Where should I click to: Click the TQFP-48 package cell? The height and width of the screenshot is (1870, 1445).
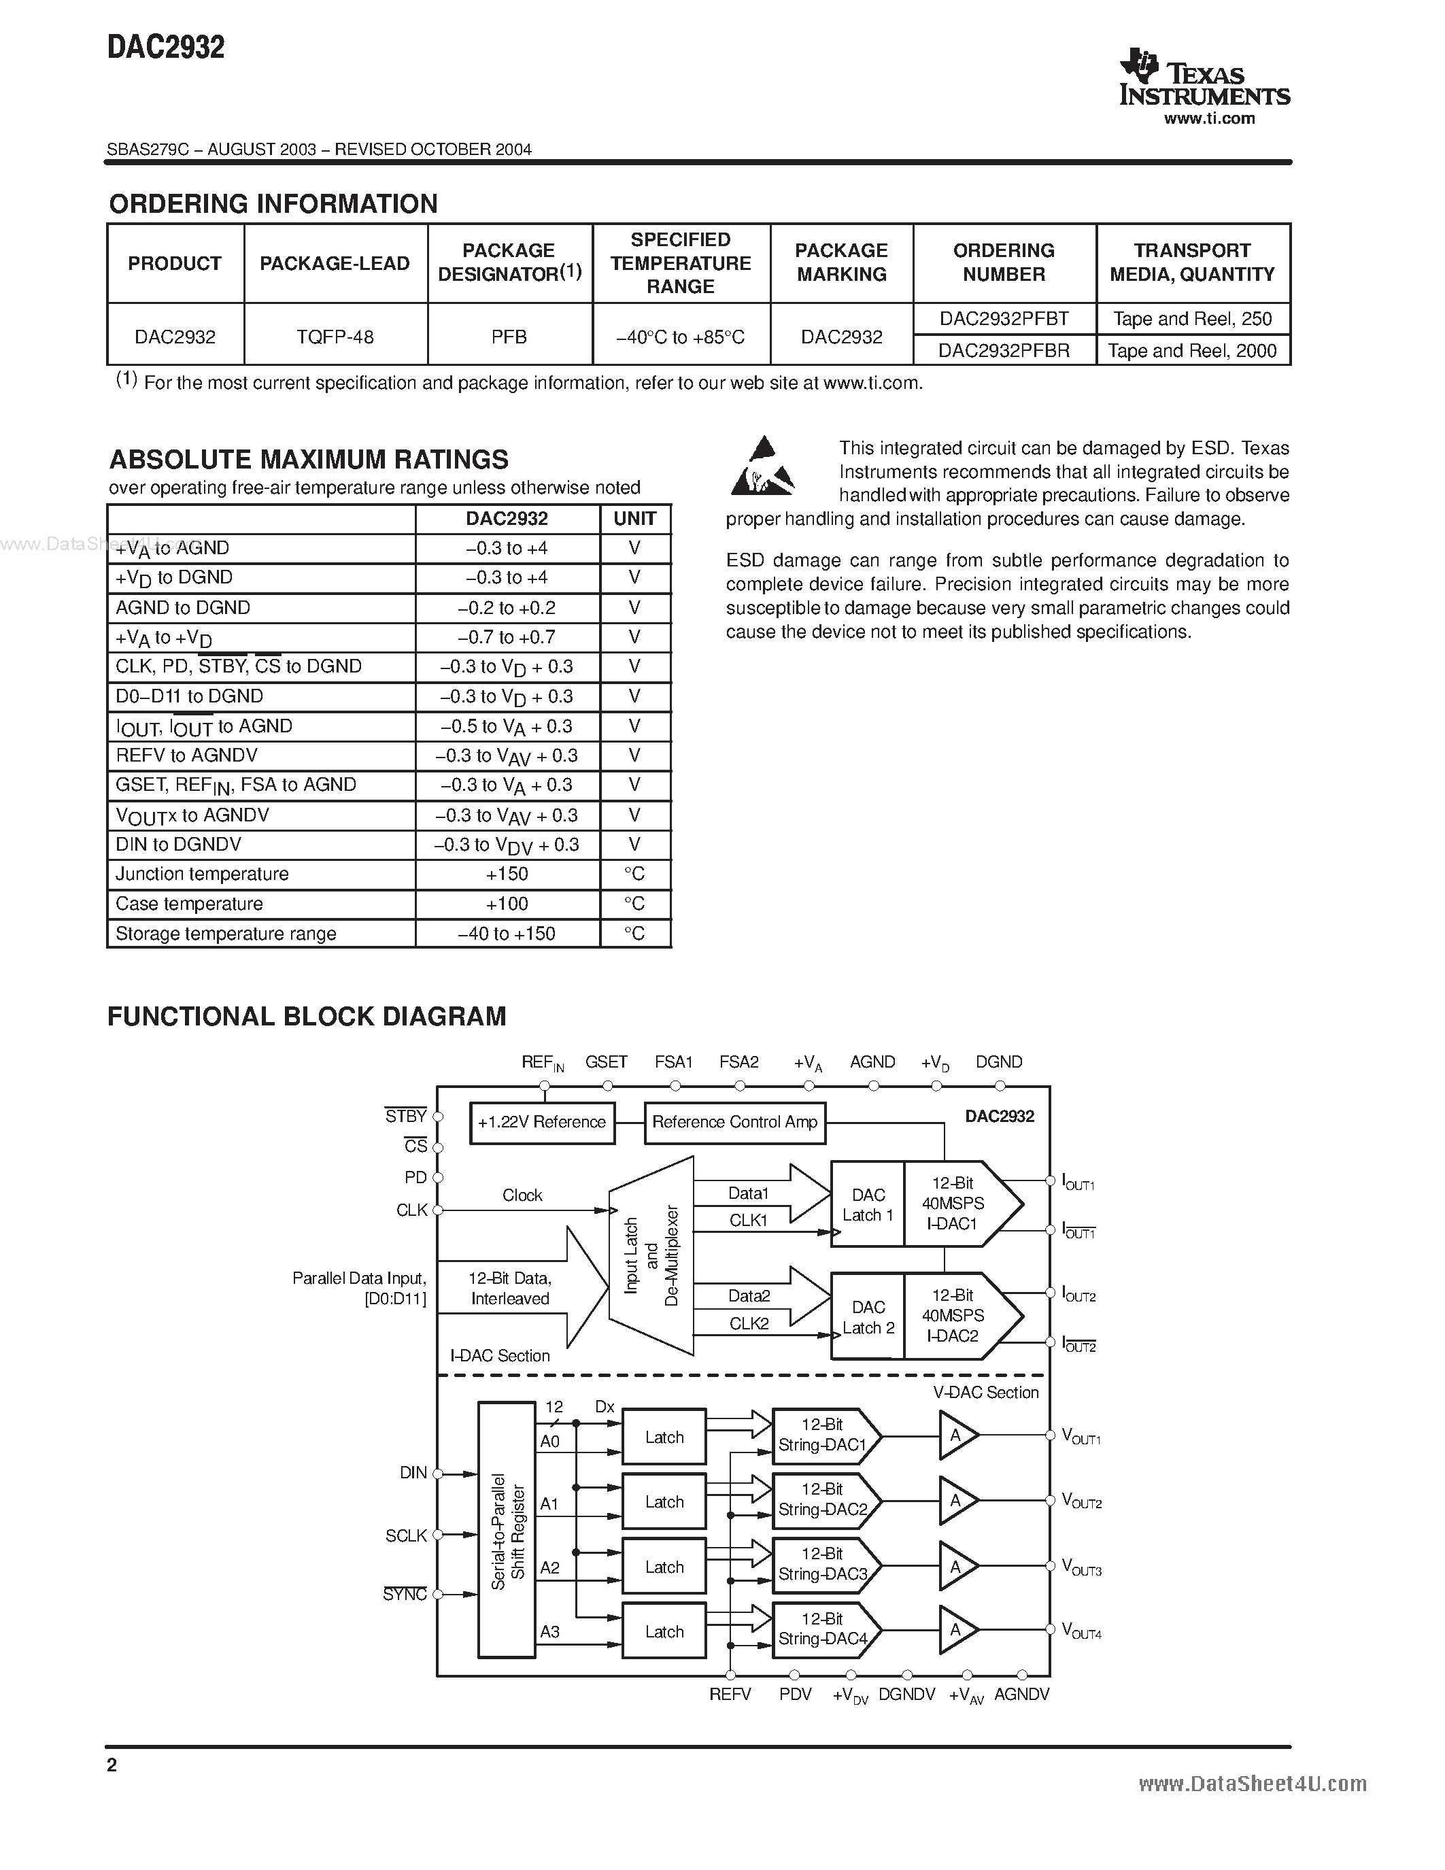(x=335, y=337)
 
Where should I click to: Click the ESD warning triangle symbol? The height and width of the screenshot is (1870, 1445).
(x=762, y=468)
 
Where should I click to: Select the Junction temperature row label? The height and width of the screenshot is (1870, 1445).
(x=202, y=874)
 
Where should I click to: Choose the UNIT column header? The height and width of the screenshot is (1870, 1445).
(x=634, y=519)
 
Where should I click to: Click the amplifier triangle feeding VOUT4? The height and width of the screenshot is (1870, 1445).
(x=956, y=1630)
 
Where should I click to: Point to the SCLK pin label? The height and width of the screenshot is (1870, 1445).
(x=406, y=1536)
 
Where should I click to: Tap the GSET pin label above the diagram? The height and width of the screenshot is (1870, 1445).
(x=606, y=1061)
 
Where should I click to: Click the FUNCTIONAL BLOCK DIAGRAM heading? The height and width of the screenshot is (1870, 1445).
(x=307, y=1017)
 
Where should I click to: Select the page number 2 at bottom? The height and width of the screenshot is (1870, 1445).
(x=112, y=1765)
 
